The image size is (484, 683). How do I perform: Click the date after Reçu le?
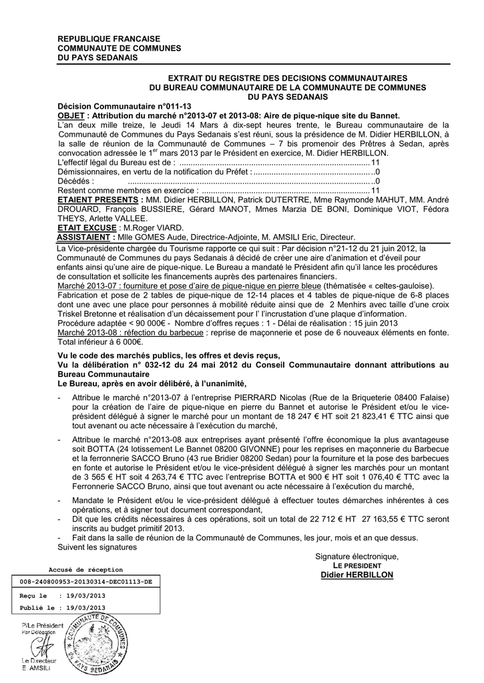click(83, 595)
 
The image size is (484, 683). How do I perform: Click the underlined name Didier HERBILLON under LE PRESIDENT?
click(356, 575)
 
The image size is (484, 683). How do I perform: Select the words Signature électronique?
click(356, 557)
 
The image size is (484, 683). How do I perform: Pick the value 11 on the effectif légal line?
click(375, 162)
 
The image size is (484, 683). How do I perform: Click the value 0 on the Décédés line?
click(377, 181)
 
